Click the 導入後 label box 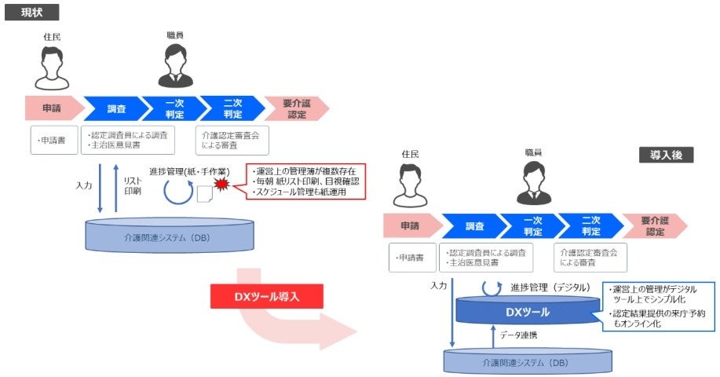coord(667,155)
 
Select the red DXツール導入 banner coord(267,296)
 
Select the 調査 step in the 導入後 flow coord(473,226)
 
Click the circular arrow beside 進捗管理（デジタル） coord(491,287)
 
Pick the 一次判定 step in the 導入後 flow coord(533,226)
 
